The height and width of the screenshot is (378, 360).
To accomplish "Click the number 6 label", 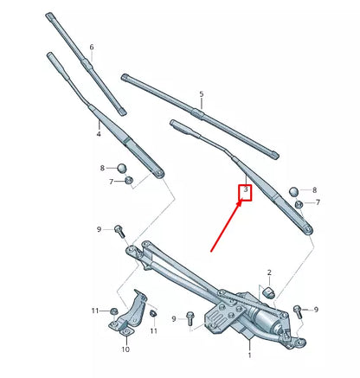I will pos(92,46).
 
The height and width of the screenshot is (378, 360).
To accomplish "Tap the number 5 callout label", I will pos(201,93).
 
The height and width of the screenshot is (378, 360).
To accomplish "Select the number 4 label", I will pos(99,134).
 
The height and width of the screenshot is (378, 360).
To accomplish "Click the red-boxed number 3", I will pos(246,189).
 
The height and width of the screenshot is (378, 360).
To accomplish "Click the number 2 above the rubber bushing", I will pos(269,272).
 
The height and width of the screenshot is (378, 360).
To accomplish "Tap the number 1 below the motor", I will pos(249,355).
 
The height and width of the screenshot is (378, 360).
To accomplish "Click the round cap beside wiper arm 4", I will pos(122,167).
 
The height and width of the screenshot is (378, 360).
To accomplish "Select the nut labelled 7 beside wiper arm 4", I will pos(128,180).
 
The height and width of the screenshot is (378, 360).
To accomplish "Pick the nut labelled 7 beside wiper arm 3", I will pos(299,202).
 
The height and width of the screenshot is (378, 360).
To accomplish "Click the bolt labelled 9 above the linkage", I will pos(119,231).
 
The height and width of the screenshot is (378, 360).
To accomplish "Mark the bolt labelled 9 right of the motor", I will pos(298,311).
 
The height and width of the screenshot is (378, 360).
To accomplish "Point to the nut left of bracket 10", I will pos(113,310).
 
